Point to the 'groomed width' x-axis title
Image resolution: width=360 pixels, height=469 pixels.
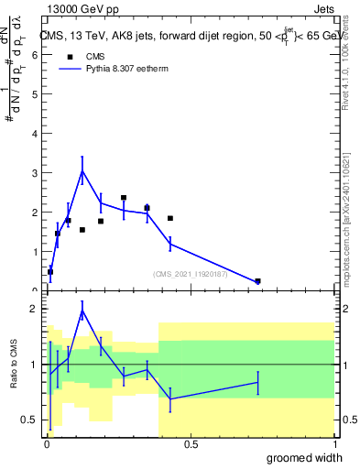coord(299,456)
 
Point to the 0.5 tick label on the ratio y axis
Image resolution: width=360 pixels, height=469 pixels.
coord(30,420)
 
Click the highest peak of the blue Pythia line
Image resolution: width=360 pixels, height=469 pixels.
coord(82,170)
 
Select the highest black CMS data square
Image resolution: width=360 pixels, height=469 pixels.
coord(124,198)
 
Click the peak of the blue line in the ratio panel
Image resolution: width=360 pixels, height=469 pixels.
coord(82,311)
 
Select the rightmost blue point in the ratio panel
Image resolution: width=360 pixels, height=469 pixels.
coord(257,382)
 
